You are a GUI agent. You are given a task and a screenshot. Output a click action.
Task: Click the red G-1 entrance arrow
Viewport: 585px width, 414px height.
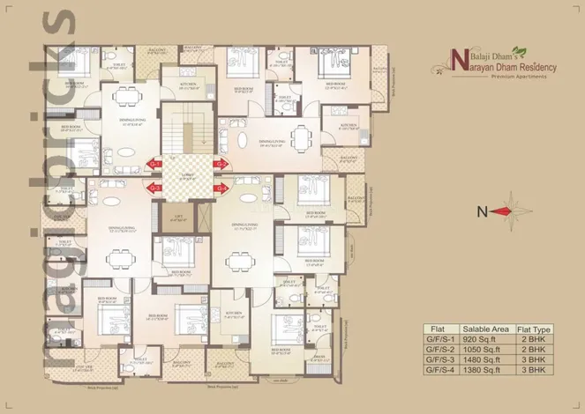pos(154,165)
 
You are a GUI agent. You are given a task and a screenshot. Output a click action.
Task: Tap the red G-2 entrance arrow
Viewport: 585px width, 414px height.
pos(221,165)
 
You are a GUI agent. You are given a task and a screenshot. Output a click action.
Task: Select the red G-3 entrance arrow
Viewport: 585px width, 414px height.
pos(154,188)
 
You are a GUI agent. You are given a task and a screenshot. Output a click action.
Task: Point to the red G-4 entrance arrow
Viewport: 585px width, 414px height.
pos(221,188)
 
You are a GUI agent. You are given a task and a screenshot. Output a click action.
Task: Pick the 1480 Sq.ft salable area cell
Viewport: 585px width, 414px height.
pos(477,360)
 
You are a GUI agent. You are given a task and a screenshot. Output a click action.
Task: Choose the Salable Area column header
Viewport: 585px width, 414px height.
pos(477,327)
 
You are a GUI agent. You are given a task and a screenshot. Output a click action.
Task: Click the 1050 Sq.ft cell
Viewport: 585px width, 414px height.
pos(477,349)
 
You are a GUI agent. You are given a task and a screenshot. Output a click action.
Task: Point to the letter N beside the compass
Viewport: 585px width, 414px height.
pos(480,211)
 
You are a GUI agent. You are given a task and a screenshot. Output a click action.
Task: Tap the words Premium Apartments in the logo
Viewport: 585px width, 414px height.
pos(508,78)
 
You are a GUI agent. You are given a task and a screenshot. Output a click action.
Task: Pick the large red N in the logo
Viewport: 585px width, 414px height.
pos(457,62)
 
